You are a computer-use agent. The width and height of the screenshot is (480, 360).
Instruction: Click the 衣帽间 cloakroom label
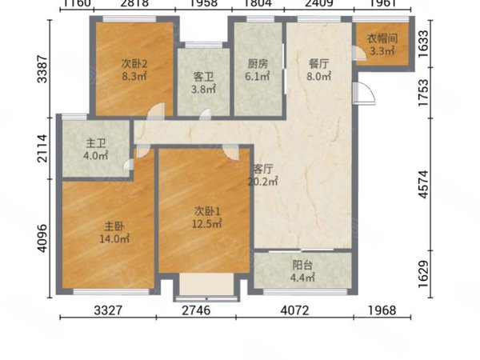(382, 39)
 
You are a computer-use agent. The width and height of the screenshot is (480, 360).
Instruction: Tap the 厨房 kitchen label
(258, 64)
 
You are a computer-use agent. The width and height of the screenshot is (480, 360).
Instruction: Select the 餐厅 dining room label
(319, 64)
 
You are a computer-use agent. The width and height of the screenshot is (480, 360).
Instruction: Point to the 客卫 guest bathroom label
(203, 77)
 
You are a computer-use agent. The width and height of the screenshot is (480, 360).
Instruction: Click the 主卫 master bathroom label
(96, 143)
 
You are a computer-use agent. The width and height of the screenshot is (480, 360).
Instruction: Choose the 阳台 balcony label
(302, 265)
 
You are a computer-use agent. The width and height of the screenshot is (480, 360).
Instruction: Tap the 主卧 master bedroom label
(114, 226)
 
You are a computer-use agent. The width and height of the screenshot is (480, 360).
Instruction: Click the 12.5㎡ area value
(207, 224)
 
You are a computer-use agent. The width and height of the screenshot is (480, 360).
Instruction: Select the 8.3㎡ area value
(134, 76)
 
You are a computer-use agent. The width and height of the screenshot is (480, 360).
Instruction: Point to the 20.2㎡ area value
(262, 182)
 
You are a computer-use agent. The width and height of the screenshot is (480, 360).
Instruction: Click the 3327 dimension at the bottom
(108, 310)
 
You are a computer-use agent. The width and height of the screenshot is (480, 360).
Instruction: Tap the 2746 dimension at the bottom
(196, 310)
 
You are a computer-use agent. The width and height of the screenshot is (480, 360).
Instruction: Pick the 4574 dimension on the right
(424, 185)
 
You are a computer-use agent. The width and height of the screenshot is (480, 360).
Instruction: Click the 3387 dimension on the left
(42, 69)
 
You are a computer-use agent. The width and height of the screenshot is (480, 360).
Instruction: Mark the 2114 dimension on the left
(42, 148)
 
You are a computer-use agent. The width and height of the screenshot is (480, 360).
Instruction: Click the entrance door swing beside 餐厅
(364, 94)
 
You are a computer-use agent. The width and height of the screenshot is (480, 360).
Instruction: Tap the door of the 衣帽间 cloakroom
(358, 53)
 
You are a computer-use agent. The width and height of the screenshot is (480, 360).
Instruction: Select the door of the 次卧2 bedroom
(156, 111)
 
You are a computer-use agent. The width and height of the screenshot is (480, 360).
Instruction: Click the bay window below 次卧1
(206, 287)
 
